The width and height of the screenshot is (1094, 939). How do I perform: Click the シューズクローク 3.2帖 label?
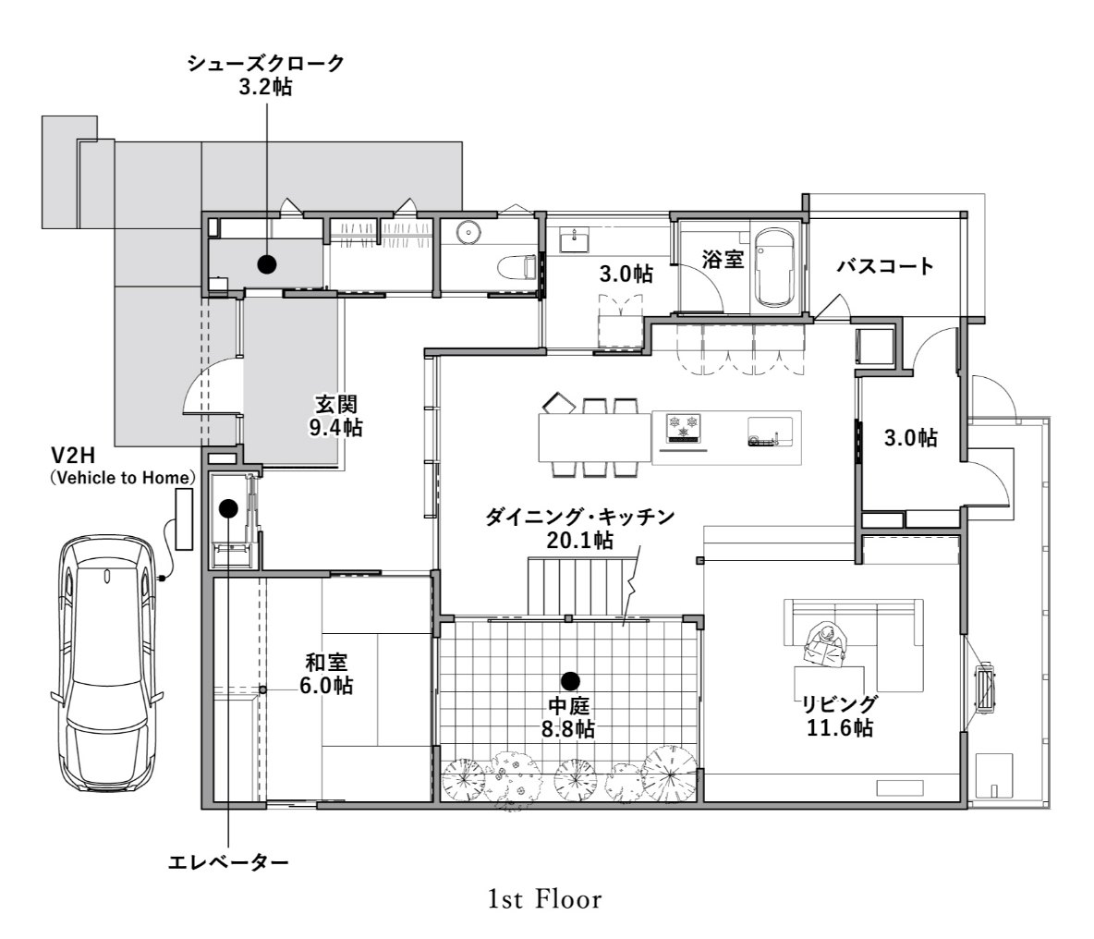265,75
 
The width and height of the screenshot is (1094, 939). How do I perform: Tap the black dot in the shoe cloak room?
266,263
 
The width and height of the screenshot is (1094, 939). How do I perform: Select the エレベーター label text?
228,863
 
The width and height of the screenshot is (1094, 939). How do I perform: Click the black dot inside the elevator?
228,508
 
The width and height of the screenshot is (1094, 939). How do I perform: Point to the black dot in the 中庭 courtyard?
570,681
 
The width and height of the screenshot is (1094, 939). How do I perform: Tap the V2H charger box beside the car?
184,519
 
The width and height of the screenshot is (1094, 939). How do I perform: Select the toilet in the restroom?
517,267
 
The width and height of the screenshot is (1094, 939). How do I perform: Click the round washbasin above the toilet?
468,233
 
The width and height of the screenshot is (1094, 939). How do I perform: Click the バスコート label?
885,266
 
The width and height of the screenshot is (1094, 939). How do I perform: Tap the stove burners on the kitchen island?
684,428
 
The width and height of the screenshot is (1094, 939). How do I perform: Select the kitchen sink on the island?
770,432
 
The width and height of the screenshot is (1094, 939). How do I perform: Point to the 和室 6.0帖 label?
326,674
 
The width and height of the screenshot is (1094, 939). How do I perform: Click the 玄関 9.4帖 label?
336,416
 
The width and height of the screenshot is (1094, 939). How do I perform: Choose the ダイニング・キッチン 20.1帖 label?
579,528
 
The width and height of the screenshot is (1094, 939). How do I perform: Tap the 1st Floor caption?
545,899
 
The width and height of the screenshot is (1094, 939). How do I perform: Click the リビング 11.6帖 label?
839,715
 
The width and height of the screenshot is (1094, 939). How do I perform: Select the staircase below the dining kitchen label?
583,585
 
